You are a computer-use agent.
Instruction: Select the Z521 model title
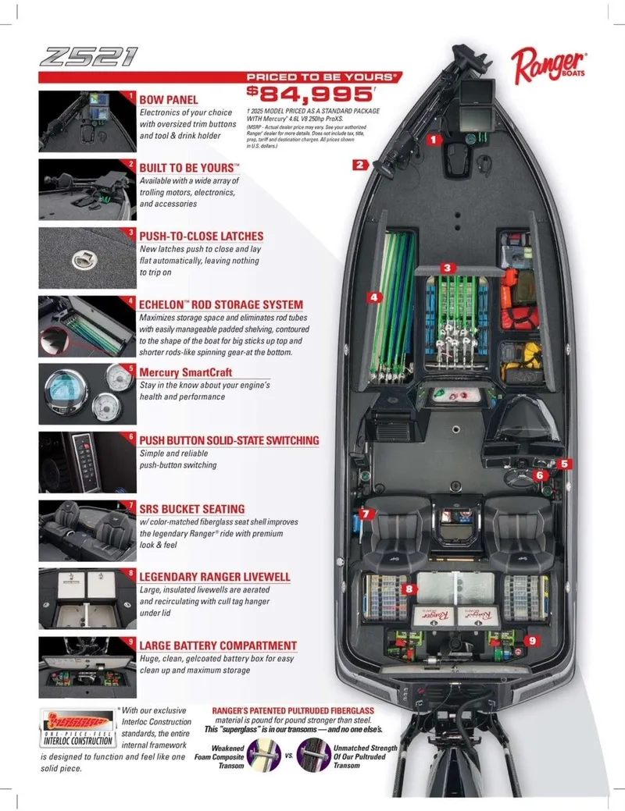pos(87,57)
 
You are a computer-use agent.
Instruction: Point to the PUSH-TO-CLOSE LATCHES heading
pos(201,236)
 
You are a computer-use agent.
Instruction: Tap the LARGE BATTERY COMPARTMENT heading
pos(217,646)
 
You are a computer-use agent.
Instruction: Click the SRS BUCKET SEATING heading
pos(191,509)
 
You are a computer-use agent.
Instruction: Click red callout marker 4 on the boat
pos(374,297)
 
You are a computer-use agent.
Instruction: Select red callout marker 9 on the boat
pos(532,639)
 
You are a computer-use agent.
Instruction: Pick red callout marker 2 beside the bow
pos(359,165)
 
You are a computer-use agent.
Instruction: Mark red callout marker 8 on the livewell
pos(407,589)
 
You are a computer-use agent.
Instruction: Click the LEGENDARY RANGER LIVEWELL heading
pos(214,577)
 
